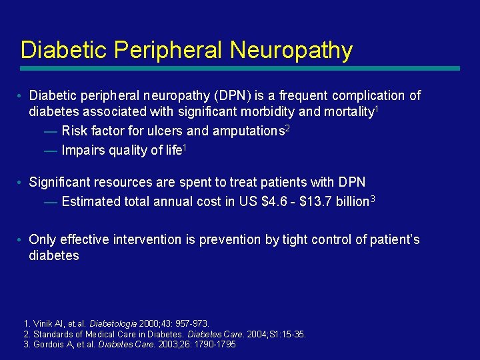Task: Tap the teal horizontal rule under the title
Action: [x=240, y=68]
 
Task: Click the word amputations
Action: [x=249, y=131]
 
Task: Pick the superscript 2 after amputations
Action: [x=287, y=127]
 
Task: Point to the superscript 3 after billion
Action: [x=373, y=198]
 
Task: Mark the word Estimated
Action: [x=91, y=201]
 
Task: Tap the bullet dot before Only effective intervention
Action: [x=22, y=239]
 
